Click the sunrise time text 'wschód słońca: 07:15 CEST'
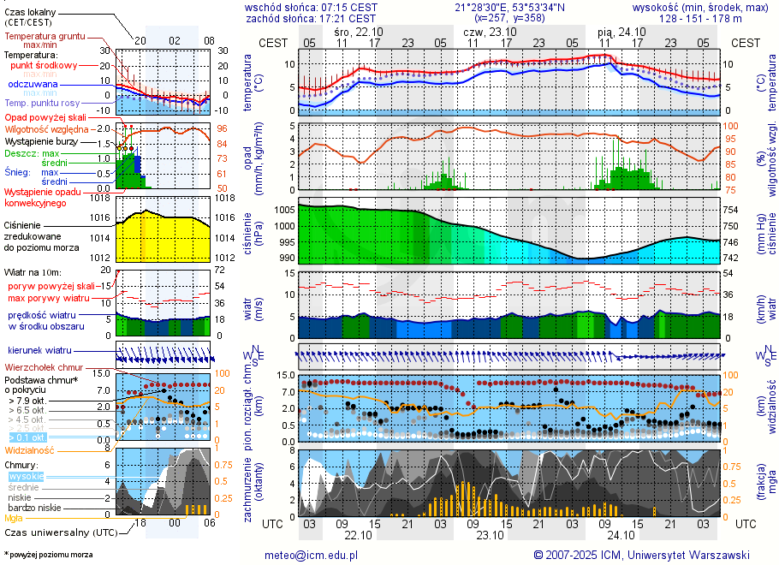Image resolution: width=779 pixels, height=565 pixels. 310,7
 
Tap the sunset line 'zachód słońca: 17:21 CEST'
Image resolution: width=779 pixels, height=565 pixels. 310,18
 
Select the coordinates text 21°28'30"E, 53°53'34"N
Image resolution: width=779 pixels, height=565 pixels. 509,7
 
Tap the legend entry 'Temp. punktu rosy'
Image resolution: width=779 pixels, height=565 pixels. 41,103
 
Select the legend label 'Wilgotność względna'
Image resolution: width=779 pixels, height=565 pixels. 47,128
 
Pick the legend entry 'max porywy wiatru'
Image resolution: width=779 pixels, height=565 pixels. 49,298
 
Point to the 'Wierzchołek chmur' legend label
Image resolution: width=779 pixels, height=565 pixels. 45,368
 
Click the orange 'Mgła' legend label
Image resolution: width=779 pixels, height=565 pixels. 14,518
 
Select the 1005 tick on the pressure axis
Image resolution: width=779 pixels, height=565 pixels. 284,210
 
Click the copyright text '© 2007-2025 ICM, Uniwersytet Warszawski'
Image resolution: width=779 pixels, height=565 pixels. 641,555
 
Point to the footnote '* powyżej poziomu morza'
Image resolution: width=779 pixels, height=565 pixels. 49,555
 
